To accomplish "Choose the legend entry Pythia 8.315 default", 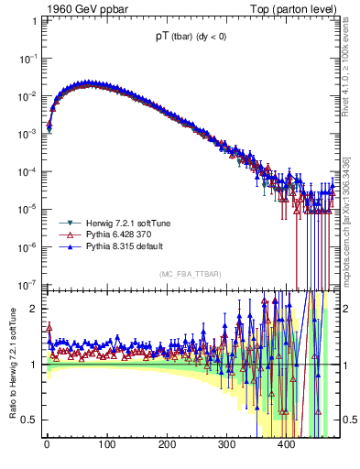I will (x=116, y=247).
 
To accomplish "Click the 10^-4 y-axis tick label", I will (x=28, y=171).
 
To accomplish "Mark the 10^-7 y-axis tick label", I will (x=28, y=285).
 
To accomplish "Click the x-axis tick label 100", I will (x=107, y=446).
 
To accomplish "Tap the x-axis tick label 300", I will (x=226, y=446).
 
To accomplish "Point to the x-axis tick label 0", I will (x=47, y=446).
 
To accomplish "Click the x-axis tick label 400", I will (x=286, y=446).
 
